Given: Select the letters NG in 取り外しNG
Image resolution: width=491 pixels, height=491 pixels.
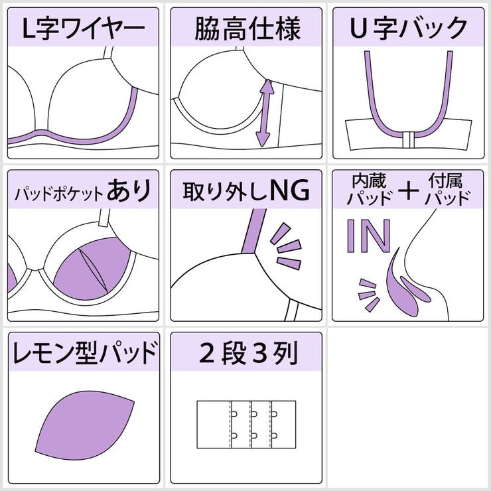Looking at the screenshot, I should (289, 191).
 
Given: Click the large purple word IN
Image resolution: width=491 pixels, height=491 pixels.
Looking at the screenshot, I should (369, 237).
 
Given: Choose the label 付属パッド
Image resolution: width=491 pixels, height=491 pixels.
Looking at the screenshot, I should (449, 190).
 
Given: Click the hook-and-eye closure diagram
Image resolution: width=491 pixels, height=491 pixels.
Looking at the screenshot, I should (246, 425).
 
